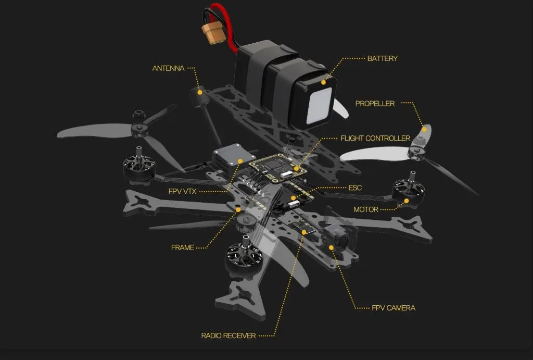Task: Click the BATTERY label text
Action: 382,58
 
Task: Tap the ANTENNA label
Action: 168,68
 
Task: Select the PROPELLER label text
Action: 375,104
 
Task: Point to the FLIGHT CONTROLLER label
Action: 375,139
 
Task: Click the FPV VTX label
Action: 182,191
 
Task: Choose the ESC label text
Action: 355,188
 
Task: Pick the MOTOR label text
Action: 366,209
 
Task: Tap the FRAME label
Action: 183,247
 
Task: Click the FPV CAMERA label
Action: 394,308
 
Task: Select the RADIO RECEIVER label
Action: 229,336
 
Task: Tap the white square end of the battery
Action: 320,108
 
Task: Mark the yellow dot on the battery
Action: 323,82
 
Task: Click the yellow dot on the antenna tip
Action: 198,91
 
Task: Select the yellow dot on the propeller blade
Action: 424,129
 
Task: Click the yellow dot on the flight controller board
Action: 296,168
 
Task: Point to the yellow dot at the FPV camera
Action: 331,247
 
